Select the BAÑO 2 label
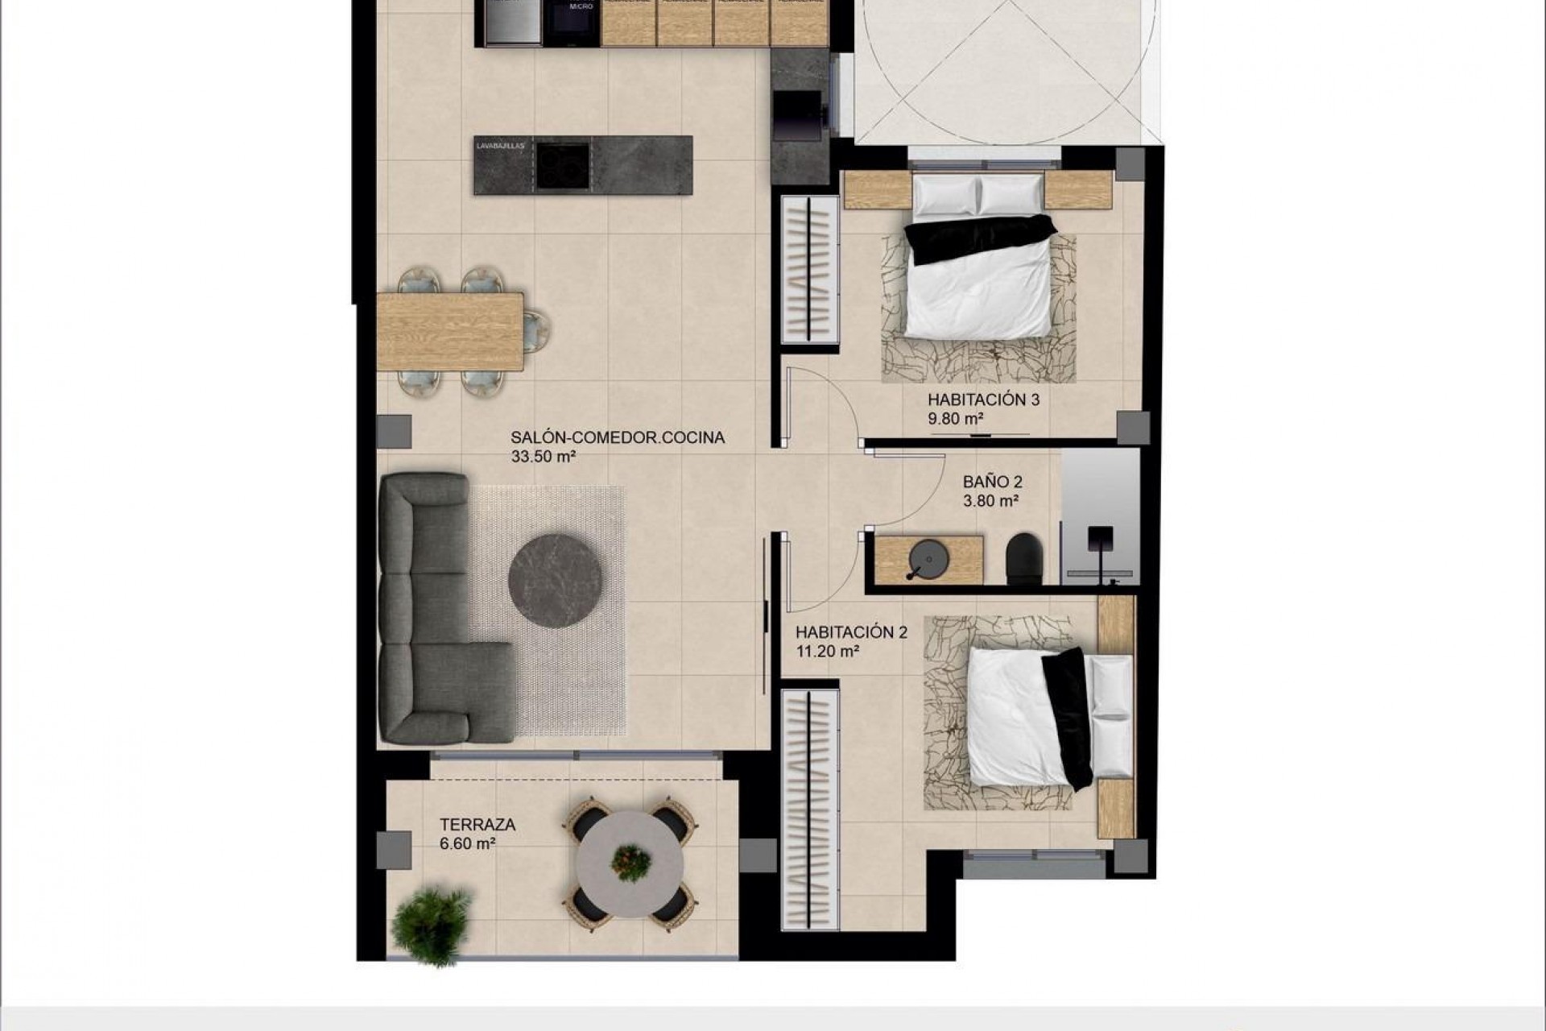992,482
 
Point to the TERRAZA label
477,825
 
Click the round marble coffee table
556,581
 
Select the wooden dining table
450,331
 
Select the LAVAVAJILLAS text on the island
500,147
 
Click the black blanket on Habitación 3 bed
979,238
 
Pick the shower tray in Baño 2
1100,515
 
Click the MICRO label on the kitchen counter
581,6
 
